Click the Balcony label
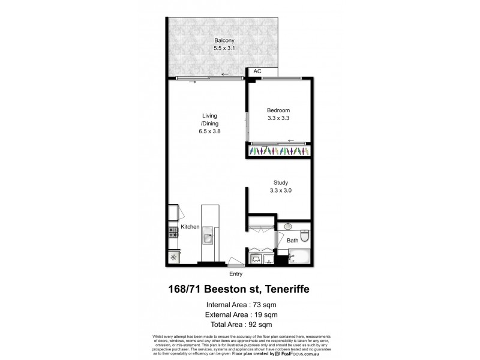pos(223,41)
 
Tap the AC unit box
pos(257,71)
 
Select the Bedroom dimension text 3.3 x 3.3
pos(278,118)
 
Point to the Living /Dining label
pos(209,123)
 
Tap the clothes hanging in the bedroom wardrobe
pos(278,152)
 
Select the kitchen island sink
pos(208,238)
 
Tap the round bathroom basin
pos(287,227)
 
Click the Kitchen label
pos(190,227)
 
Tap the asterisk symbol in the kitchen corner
pos(173,257)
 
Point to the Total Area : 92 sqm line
pos(241,324)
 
